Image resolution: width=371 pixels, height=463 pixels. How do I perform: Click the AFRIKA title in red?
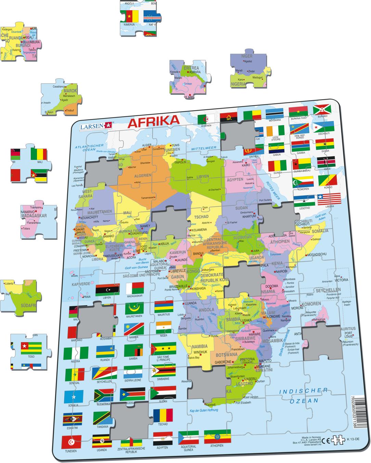click(x=153, y=121)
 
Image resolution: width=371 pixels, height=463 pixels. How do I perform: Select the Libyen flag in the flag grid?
click(x=107, y=290)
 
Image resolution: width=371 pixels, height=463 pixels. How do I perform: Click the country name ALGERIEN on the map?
click(x=142, y=175)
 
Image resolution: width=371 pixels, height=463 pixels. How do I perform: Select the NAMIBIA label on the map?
click(x=200, y=346)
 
